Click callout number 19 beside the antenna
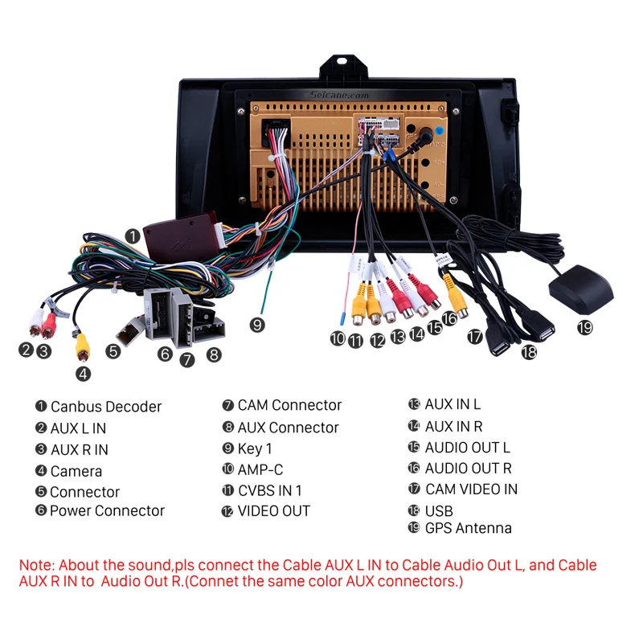click(x=584, y=327)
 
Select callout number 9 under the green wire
click(x=256, y=325)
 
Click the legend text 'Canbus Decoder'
click(x=105, y=407)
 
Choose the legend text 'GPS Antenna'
click(x=468, y=528)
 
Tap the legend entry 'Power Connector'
click(x=106, y=510)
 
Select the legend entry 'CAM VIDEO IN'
click(x=471, y=489)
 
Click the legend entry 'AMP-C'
click(x=260, y=469)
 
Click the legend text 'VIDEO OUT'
click(x=273, y=510)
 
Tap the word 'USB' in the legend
click(x=439, y=510)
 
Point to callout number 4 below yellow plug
click(x=84, y=373)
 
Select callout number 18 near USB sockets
click(x=528, y=351)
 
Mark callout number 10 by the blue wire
click(x=338, y=338)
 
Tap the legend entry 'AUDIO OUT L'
click(x=467, y=448)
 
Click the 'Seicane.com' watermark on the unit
click(x=338, y=94)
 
